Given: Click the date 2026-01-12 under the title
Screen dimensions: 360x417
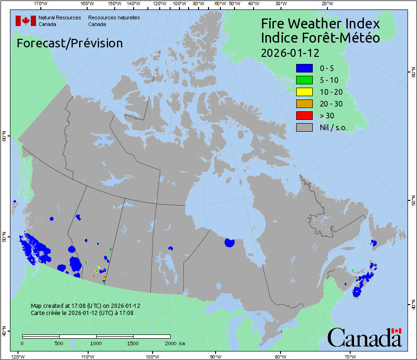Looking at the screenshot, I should tap(290, 52).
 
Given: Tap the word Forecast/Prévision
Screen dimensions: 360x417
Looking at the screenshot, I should tap(70, 43).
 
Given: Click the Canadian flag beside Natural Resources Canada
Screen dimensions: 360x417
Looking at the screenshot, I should tap(26, 20).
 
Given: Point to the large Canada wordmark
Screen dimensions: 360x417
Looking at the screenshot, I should tap(364, 337).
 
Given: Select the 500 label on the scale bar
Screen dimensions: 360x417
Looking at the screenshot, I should tap(59, 343).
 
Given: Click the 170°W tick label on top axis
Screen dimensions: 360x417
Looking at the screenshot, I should tap(41, 4).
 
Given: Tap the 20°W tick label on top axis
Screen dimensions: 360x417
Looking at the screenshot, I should tap(326, 4).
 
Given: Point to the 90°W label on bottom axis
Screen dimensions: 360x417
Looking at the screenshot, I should tap(216, 356).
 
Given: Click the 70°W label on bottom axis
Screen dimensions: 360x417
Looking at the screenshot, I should tap(350, 356).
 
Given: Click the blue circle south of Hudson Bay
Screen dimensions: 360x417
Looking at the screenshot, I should tap(230, 243).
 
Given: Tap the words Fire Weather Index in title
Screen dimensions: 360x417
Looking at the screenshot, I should tap(320, 24).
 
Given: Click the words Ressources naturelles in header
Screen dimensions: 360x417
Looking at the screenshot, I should tap(114, 18).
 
